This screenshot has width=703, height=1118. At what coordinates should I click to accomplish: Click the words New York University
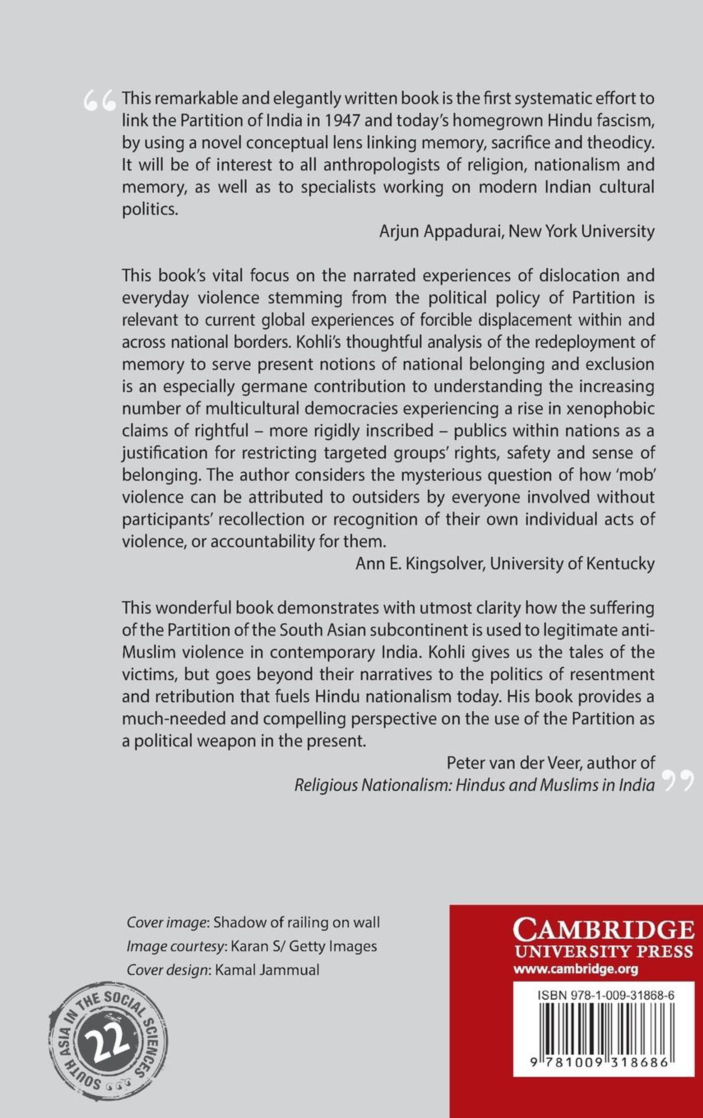[581, 231]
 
